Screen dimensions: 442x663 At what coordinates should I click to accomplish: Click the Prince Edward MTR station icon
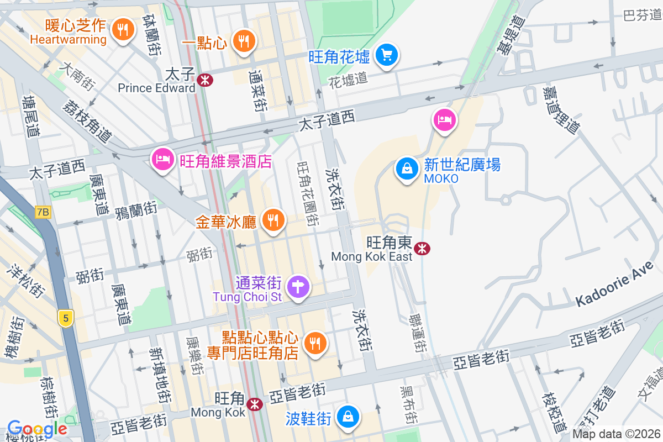[204, 80]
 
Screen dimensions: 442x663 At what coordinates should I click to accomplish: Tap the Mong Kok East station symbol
[422, 249]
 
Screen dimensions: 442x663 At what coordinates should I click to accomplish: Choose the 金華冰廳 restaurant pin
[272, 220]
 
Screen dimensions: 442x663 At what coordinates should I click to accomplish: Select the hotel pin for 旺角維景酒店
[162, 160]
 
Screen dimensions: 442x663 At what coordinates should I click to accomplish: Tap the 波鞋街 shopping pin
[348, 417]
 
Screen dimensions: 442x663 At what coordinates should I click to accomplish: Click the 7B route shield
[43, 212]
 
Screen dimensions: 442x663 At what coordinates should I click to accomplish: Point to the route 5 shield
[66, 318]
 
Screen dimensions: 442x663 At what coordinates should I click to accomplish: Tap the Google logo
[37, 428]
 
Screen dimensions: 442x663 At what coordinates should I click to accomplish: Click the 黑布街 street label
[407, 404]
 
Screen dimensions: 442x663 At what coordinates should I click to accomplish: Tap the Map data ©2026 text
[616, 434]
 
